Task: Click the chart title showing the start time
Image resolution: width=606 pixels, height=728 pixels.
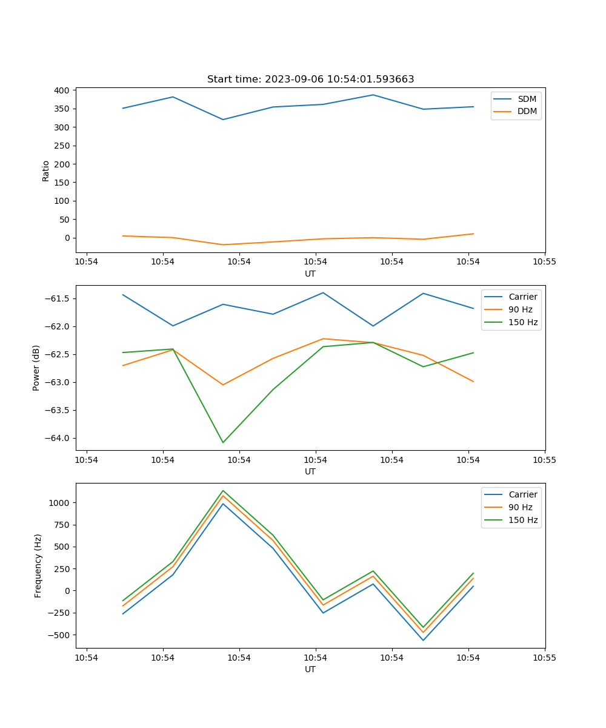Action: pos(310,79)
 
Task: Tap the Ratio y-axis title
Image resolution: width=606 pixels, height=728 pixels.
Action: pos(46,171)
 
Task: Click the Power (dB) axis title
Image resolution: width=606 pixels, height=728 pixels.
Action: pos(36,368)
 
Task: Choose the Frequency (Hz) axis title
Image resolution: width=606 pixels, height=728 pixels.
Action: pos(38,565)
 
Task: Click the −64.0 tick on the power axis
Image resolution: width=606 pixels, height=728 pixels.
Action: pos(58,438)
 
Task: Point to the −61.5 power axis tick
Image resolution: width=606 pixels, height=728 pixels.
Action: pos(58,298)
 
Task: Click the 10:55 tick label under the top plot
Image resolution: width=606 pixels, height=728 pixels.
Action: pos(544,262)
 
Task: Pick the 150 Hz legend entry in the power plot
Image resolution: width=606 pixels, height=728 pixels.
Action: pos(523,322)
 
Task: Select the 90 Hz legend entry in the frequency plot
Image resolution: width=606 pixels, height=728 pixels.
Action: pos(521,507)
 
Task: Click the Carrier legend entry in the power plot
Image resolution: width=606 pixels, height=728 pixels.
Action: pos(523,297)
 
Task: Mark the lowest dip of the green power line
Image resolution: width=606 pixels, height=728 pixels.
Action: pos(223,442)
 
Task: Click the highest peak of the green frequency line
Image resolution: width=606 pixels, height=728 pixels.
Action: pos(223,490)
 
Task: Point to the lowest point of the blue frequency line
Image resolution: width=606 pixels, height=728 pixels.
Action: pos(423,640)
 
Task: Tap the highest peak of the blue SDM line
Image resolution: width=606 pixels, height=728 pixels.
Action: pos(373,95)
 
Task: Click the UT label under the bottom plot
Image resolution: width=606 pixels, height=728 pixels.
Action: pos(310,669)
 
